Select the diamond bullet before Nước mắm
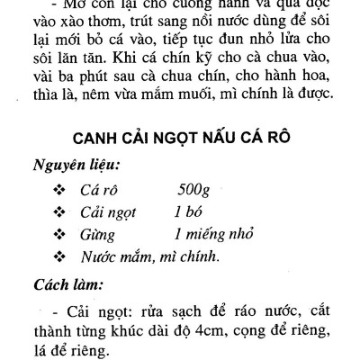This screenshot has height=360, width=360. (59, 259)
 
